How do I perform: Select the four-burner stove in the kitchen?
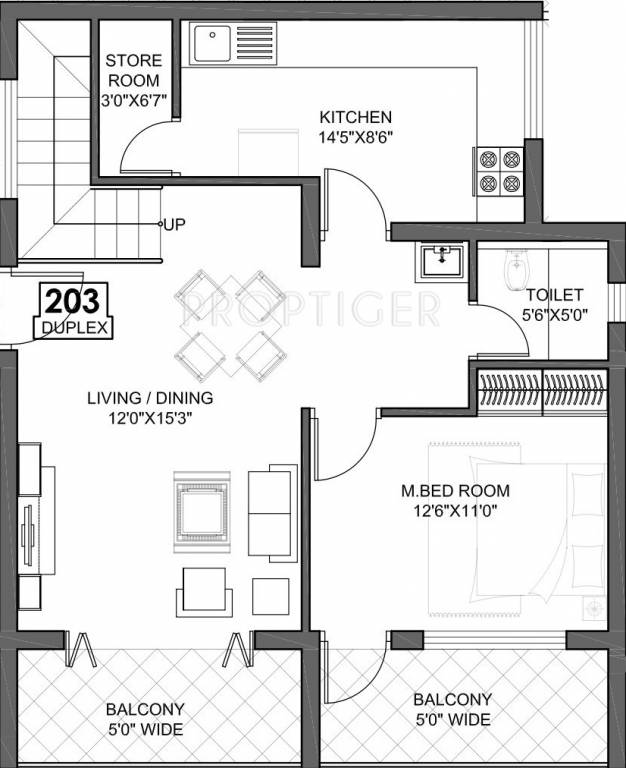tap(497, 170)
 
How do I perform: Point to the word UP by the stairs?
tap(174, 223)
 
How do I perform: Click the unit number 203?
tap(75, 302)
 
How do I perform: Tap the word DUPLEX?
tap(74, 326)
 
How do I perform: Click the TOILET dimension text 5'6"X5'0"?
tap(555, 315)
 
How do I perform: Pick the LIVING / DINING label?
tap(149, 397)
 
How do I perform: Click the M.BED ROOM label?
tap(455, 491)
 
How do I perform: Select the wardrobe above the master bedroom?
tap(541, 388)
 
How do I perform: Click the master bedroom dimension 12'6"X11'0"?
tap(455, 510)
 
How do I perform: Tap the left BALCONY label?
tap(145, 710)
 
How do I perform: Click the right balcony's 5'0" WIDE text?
tap(453, 719)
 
